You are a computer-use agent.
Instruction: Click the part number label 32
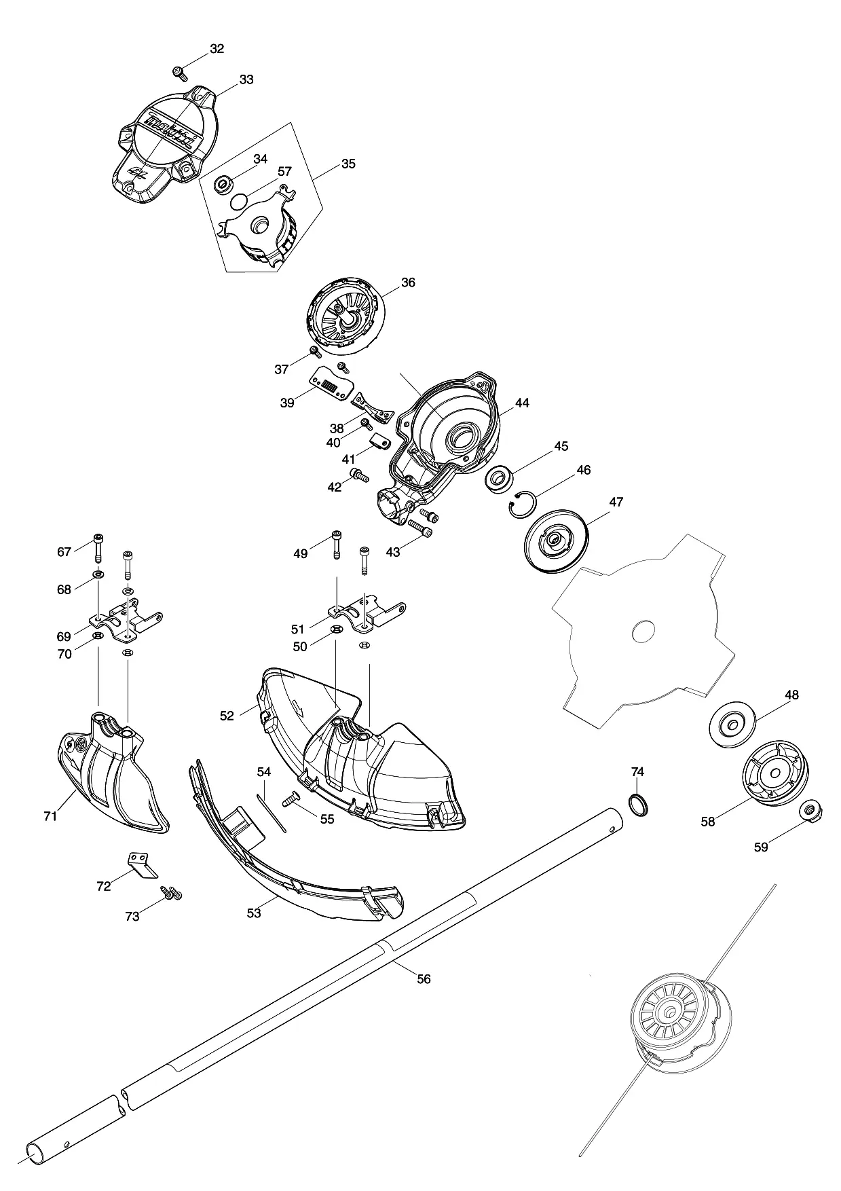pos(217,49)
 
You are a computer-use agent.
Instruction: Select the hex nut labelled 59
pos(808,809)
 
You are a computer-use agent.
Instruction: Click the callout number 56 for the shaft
pos(424,978)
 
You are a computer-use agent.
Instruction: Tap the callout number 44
pos(521,403)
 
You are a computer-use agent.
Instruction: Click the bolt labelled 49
pos(337,544)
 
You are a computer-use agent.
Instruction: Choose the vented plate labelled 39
pos(329,385)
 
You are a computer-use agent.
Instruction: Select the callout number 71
pos(50,816)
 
